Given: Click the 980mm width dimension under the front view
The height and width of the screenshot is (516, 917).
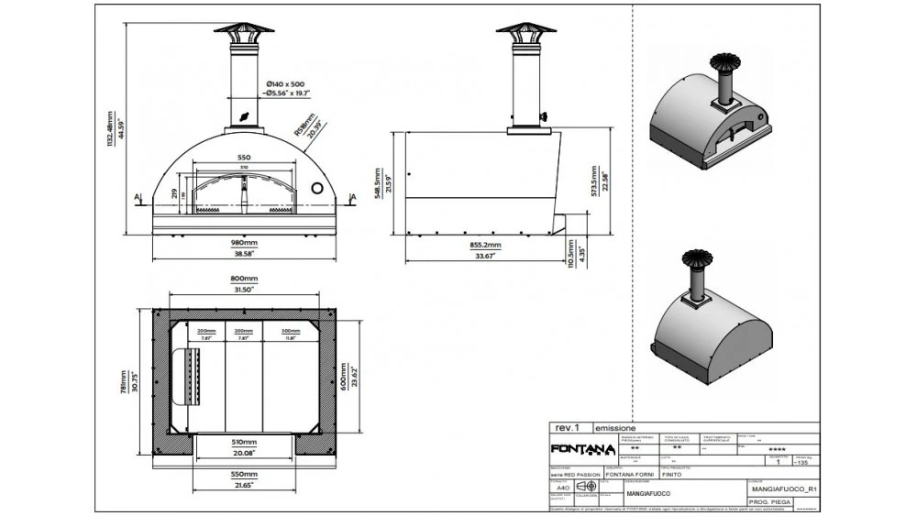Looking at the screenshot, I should [x=243, y=243].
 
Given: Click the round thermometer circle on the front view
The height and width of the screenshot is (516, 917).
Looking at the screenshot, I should [x=317, y=188].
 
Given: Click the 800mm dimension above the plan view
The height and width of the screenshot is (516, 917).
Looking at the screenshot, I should [x=244, y=278].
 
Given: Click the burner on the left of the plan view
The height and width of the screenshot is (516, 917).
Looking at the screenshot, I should [x=191, y=377].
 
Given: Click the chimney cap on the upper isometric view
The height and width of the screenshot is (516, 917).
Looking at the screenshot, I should [x=721, y=66].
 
